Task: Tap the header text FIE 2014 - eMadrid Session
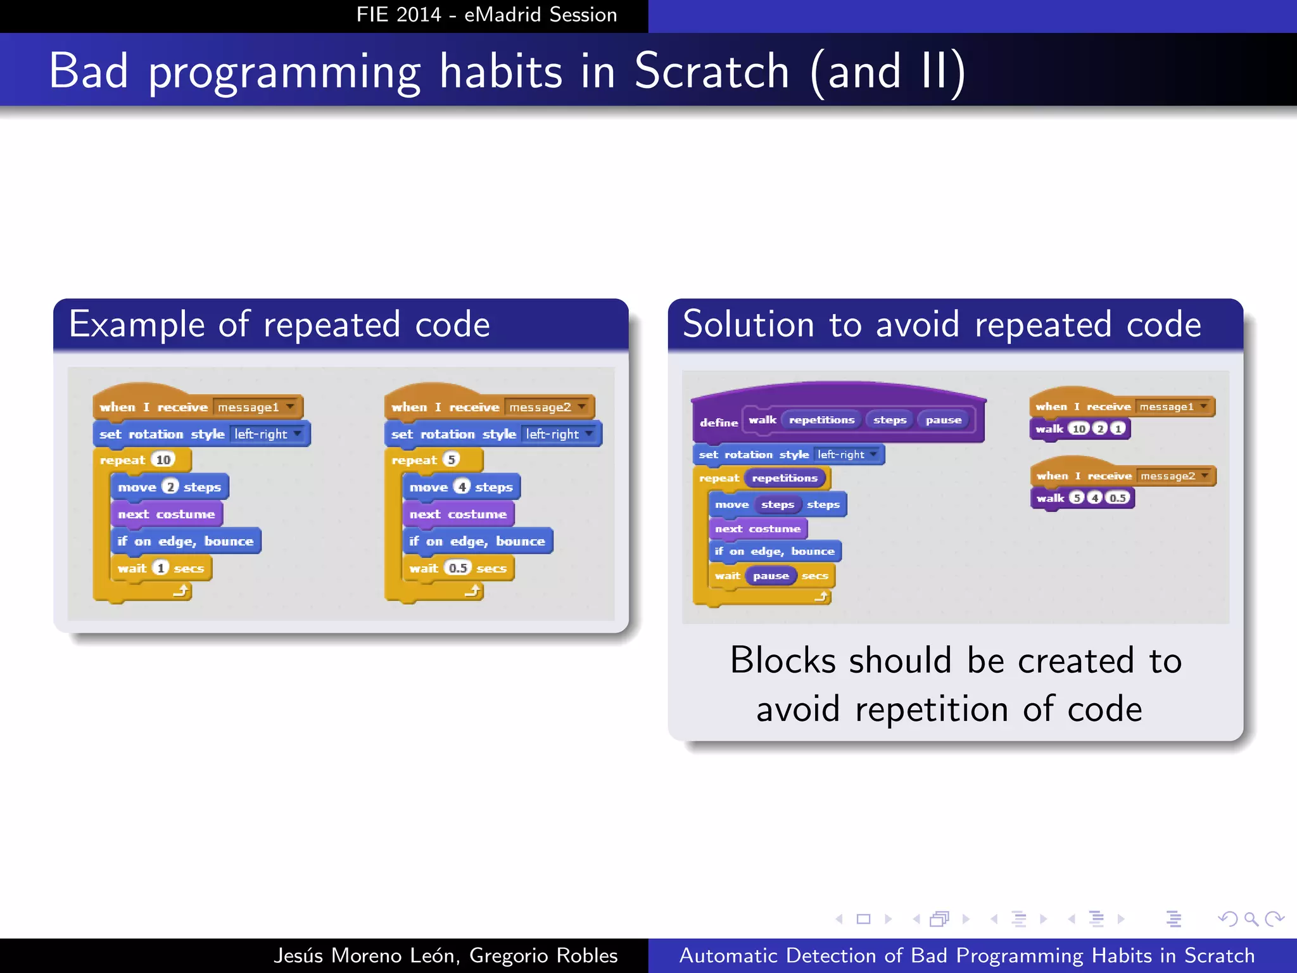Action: click(486, 15)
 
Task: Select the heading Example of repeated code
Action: click(279, 324)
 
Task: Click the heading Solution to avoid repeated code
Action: click(942, 324)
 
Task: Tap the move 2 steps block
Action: click(169, 487)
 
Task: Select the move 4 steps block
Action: click(461, 487)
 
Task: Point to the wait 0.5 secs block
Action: click(457, 568)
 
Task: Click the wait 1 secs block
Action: click(161, 568)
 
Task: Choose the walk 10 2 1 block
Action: click(1080, 429)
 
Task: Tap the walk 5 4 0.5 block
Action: click(1082, 498)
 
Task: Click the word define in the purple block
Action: click(719, 423)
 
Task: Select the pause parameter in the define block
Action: click(943, 420)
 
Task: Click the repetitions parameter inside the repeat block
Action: click(785, 478)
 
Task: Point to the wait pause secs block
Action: click(771, 576)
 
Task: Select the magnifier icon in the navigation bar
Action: click(1251, 919)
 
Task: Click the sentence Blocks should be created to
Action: click(955, 661)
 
